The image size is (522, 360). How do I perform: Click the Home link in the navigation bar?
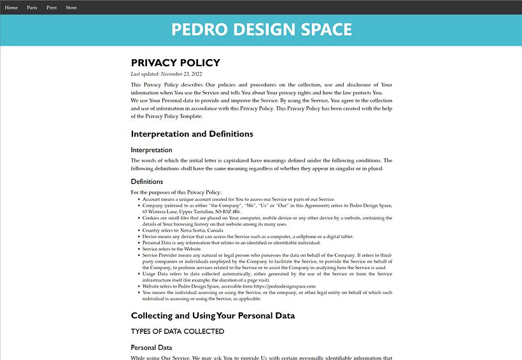[x=11, y=8]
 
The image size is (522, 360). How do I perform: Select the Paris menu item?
[x=32, y=8]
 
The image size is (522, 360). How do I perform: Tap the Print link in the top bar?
[x=52, y=8]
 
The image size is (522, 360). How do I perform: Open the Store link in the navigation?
[x=71, y=8]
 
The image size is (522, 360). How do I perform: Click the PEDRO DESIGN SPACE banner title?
[x=261, y=30]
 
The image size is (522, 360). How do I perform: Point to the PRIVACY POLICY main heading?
[x=175, y=63]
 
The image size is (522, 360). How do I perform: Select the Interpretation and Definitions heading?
[x=192, y=134]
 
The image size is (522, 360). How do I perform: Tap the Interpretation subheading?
[x=152, y=150]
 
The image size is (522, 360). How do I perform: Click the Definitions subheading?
[x=147, y=182]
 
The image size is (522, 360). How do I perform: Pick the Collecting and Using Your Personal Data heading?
[x=213, y=316]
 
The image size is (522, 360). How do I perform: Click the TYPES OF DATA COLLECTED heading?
[x=178, y=331]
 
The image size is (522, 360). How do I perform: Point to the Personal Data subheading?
[x=152, y=348]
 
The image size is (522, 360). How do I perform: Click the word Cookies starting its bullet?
[x=151, y=218]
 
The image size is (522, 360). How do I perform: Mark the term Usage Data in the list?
[x=155, y=273]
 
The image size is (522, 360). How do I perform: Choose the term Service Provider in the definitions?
[x=160, y=255]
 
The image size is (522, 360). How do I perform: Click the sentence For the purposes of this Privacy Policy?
[x=176, y=192]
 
